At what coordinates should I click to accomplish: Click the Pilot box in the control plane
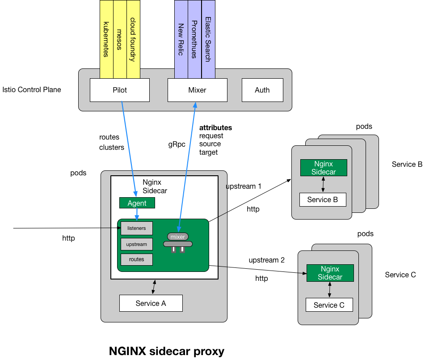(119, 90)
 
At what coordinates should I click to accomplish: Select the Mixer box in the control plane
(197, 90)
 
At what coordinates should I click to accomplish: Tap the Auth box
(262, 90)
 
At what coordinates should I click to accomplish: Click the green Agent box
(137, 203)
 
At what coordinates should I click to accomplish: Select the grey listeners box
(136, 228)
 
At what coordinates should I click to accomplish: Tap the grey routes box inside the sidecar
(136, 259)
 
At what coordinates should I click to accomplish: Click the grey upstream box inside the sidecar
(136, 244)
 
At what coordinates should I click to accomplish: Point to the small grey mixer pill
(178, 237)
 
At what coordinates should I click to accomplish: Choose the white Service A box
(151, 303)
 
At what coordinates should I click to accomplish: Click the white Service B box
(323, 199)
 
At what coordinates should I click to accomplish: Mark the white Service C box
(329, 305)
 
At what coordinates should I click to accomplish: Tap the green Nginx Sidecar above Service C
(330, 273)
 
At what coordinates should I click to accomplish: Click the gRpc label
(177, 144)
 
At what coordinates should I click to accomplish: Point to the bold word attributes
(215, 128)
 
